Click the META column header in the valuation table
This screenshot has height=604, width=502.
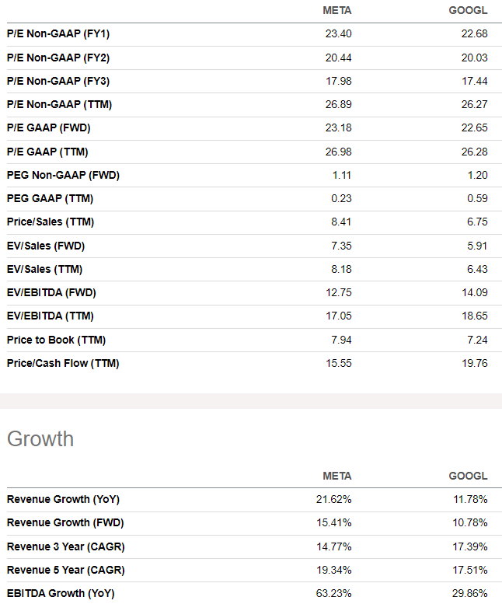click(x=336, y=10)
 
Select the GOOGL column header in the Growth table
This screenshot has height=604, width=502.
click(x=468, y=476)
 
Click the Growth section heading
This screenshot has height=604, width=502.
click(x=40, y=439)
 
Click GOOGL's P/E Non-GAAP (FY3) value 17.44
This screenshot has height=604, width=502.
click(x=473, y=81)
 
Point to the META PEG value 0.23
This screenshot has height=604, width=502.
click(x=341, y=198)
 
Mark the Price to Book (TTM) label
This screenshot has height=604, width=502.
click(x=56, y=340)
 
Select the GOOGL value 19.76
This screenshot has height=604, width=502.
click(x=473, y=363)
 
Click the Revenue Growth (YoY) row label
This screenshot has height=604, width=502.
click(x=63, y=499)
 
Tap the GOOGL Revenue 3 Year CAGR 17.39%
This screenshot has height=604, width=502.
click(x=470, y=546)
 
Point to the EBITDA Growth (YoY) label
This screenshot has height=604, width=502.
click(x=61, y=593)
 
